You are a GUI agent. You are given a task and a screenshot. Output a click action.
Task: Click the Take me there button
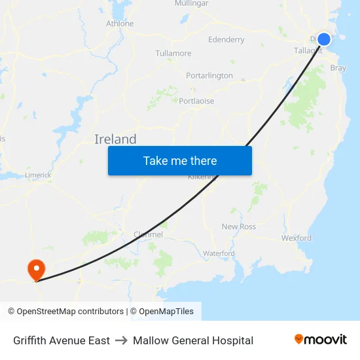tap(180, 160)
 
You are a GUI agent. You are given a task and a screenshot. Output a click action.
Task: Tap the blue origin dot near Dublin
tap(323, 39)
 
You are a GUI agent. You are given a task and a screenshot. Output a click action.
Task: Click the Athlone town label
tap(120, 24)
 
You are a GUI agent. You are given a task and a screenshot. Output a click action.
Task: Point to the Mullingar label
tap(191, 3)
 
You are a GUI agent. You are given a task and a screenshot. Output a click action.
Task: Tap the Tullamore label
tap(173, 53)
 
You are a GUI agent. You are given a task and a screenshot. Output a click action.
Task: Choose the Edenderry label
tap(226, 39)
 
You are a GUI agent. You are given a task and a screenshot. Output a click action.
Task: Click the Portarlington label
tap(209, 75)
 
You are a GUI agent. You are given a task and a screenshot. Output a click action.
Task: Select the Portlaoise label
tap(196, 101)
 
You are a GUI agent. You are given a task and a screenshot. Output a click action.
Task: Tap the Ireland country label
tap(115, 139)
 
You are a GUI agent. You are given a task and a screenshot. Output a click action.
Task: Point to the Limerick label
tap(39, 175)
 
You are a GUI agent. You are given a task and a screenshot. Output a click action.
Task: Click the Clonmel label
tap(148, 234)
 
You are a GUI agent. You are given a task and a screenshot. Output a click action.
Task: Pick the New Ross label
tap(238, 226)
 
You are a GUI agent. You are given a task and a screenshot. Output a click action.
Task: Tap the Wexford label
tap(297, 238)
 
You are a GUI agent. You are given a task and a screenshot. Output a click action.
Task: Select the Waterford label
tap(219, 253)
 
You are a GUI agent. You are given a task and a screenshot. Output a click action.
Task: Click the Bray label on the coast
tap(338, 68)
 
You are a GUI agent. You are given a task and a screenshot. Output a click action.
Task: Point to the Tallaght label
tap(308, 50)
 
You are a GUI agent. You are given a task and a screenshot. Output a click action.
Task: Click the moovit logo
tap(320, 340)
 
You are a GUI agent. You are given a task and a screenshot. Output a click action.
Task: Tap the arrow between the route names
tap(121, 340)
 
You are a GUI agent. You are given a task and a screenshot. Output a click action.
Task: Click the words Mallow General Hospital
tap(193, 340)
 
